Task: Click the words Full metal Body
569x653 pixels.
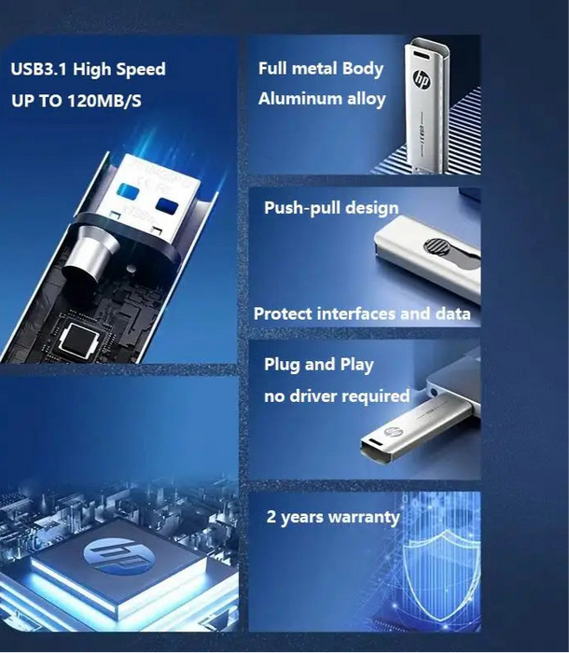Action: [321, 69]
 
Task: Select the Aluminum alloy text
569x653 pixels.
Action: [322, 99]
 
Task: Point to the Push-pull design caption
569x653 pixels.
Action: [331, 208]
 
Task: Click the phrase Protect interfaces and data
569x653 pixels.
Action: [362, 314]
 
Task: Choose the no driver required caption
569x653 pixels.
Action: [337, 396]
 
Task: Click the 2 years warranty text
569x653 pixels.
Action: [333, 518]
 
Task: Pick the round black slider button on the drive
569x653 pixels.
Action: [436, 248]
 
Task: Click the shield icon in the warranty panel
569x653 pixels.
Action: [438, 569]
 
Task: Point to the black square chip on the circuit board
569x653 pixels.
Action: [74, 344]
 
